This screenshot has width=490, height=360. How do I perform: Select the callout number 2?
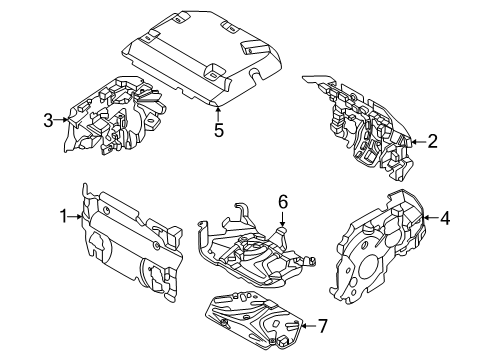432,141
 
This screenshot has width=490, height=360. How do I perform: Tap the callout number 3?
47,122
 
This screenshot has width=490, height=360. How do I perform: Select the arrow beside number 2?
418,141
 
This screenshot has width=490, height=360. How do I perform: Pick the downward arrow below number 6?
283,219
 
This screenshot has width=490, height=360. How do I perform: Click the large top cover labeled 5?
200,60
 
